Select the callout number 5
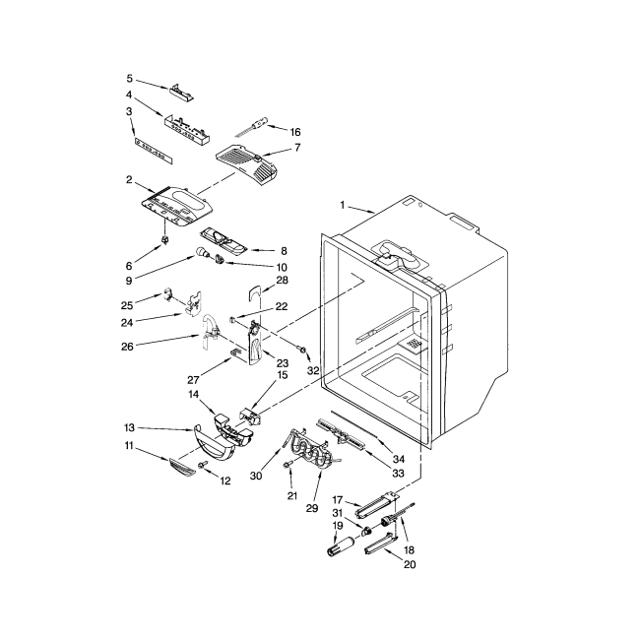click(x=129, y=79)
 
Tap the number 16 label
click(x=294, y=131)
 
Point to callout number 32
click(x=313, y=371)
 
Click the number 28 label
click(x=282, y=282)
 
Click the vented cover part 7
click(x=242, y=162)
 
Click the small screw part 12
click(x=203, y=464)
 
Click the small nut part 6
click(x=165, y=239)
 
